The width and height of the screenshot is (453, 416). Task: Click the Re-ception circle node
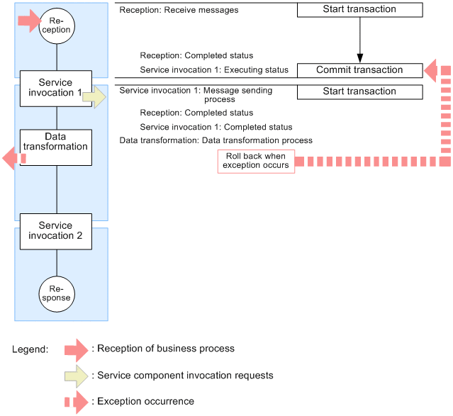(x=56, y=25)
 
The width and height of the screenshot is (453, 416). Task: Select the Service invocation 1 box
(x=56, y=88)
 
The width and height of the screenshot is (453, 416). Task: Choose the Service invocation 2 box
(x=56, y=230)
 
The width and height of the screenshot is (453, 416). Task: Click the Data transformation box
(x=56, y=147)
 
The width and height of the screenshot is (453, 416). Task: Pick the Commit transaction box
(x=359, y=70)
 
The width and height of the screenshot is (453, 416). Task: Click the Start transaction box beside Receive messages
(x=359, y=10)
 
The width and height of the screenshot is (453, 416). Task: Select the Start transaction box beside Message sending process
(x=359, y=91)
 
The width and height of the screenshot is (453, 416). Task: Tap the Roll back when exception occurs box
(x=256, y=161)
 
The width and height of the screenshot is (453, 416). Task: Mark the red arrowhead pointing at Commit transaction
(x=432, y=70)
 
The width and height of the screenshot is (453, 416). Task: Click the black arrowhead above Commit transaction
(x=359, y=58)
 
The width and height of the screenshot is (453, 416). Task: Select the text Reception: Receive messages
(x=179, y=10)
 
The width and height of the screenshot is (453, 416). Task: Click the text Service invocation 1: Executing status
(x=214, y=70)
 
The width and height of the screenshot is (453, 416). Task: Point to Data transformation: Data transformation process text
(x=216, y=140)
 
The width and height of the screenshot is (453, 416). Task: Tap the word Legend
(x=30, y=349)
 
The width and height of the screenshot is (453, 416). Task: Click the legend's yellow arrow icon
(x=77, y=375)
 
